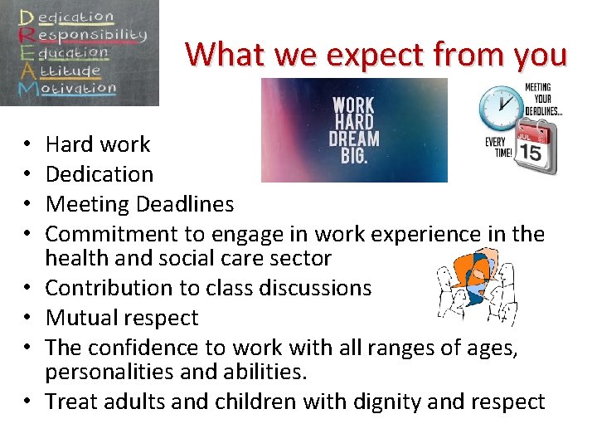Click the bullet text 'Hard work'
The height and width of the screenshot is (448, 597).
98,144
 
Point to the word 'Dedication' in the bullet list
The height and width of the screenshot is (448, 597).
99,174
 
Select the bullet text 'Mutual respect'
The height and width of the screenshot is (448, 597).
122,318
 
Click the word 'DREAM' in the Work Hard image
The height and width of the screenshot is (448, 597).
354,138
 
